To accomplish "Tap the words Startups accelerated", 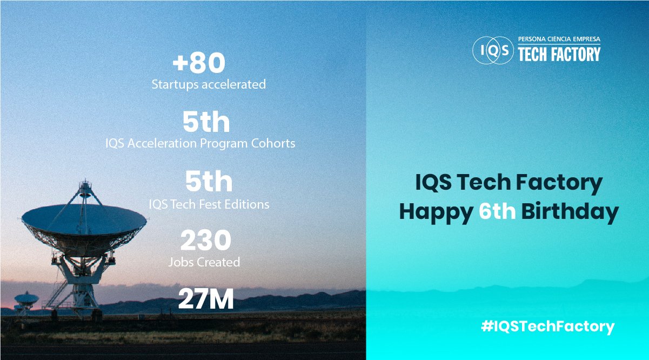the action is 209,84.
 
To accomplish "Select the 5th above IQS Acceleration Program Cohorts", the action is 206,122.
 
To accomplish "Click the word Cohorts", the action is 273,143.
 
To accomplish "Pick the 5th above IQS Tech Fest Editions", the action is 209,182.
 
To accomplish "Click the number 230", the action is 206,240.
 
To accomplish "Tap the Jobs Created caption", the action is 204,262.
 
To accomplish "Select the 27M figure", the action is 206,299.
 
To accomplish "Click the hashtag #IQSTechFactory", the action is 548,326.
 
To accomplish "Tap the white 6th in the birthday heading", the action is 497,211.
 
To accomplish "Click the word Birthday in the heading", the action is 570,212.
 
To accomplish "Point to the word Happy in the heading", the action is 436,213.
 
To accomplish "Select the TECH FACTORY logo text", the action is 559,54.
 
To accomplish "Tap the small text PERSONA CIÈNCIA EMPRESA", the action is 559,39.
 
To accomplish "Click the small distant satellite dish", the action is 26,299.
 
